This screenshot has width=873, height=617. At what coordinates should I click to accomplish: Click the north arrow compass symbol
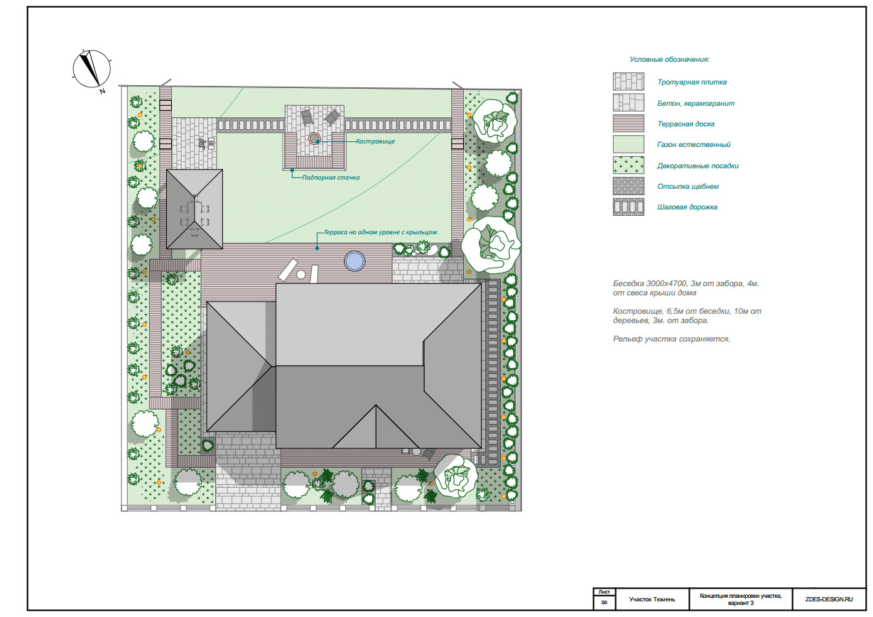point(92,69)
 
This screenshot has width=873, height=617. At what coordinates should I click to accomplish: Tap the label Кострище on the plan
point(375,141)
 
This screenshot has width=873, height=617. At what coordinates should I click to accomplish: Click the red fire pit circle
point(314,138)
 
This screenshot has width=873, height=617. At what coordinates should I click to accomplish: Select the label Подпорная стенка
point(331,178)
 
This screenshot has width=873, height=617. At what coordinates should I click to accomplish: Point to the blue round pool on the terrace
point(354,261)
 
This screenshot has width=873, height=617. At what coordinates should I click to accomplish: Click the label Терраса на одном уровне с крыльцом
point(380,232)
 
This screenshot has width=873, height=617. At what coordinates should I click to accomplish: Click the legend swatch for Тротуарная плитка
point(628,82)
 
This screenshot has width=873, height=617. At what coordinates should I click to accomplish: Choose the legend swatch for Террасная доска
point(628,124)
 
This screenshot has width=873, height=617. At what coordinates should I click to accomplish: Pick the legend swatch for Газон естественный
point(628,144)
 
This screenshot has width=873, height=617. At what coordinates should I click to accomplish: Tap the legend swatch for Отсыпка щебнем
point(628,186)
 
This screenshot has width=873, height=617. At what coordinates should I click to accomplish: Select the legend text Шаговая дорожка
point(687,207)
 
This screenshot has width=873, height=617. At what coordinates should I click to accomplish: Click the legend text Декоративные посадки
point(698,166)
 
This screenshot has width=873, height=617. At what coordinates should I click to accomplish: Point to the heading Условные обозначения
point(670,60)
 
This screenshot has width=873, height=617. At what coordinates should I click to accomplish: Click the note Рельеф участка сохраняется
point(671,339)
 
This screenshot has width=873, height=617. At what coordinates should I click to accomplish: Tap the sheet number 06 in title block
point(604,602)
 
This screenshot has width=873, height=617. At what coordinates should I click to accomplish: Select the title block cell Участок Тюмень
point(652,599)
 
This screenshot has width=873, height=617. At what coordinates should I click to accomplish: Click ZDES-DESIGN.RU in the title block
point(829,599)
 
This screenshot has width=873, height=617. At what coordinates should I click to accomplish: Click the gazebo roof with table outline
point(195,209)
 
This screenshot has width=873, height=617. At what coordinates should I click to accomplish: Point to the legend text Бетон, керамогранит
point(695,103)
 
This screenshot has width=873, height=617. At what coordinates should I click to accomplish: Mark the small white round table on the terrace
point(301,275)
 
